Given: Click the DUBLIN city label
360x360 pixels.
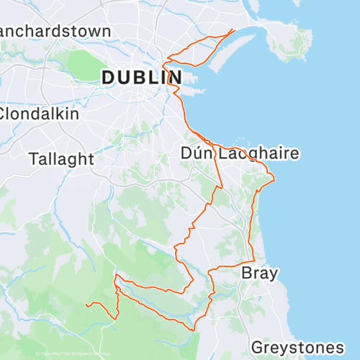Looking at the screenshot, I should tap(141, 77).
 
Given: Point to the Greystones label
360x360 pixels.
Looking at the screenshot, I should tap(297, 348).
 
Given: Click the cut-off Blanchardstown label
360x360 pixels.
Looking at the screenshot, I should tap(54, 31).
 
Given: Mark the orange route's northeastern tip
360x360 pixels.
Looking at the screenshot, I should tap(233, 30).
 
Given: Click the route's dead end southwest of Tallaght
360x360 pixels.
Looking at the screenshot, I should tap(86, 305).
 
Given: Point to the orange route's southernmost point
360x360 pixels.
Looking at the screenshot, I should tap(193, 330).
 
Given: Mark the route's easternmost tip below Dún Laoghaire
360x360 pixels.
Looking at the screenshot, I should tap(274, 179).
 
